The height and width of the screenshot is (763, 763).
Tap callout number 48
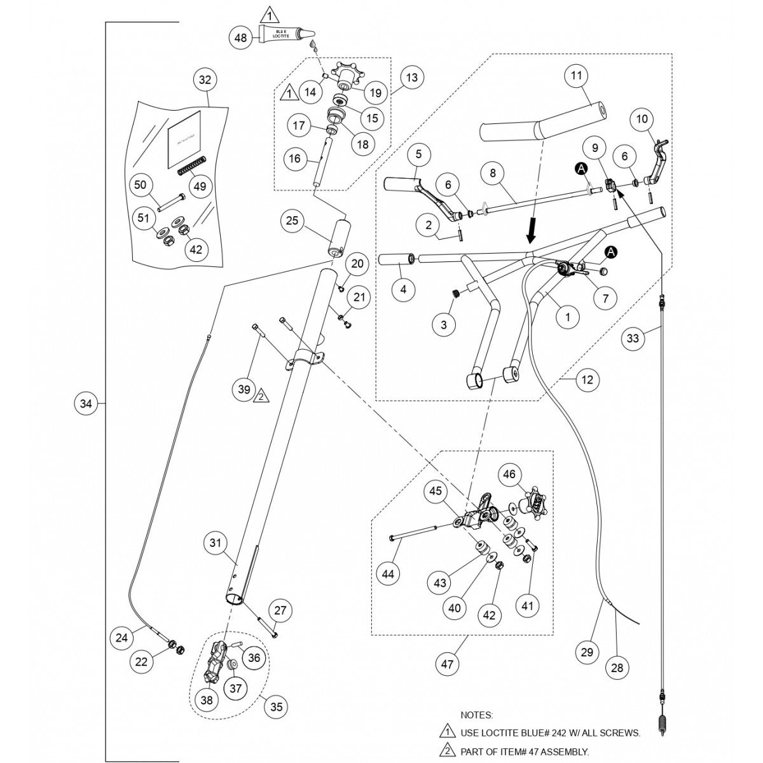click(241, 38)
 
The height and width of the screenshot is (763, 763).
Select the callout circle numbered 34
click(87, 403)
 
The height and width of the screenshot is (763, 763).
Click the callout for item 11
click(575, 76)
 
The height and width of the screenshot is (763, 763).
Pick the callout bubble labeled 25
click(292, 221)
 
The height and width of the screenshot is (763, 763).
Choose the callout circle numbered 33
click(632, 340)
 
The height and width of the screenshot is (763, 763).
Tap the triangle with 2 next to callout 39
click(261, 396)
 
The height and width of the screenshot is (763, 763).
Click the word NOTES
click(476, 715)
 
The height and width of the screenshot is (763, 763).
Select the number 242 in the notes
click(559, 733)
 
